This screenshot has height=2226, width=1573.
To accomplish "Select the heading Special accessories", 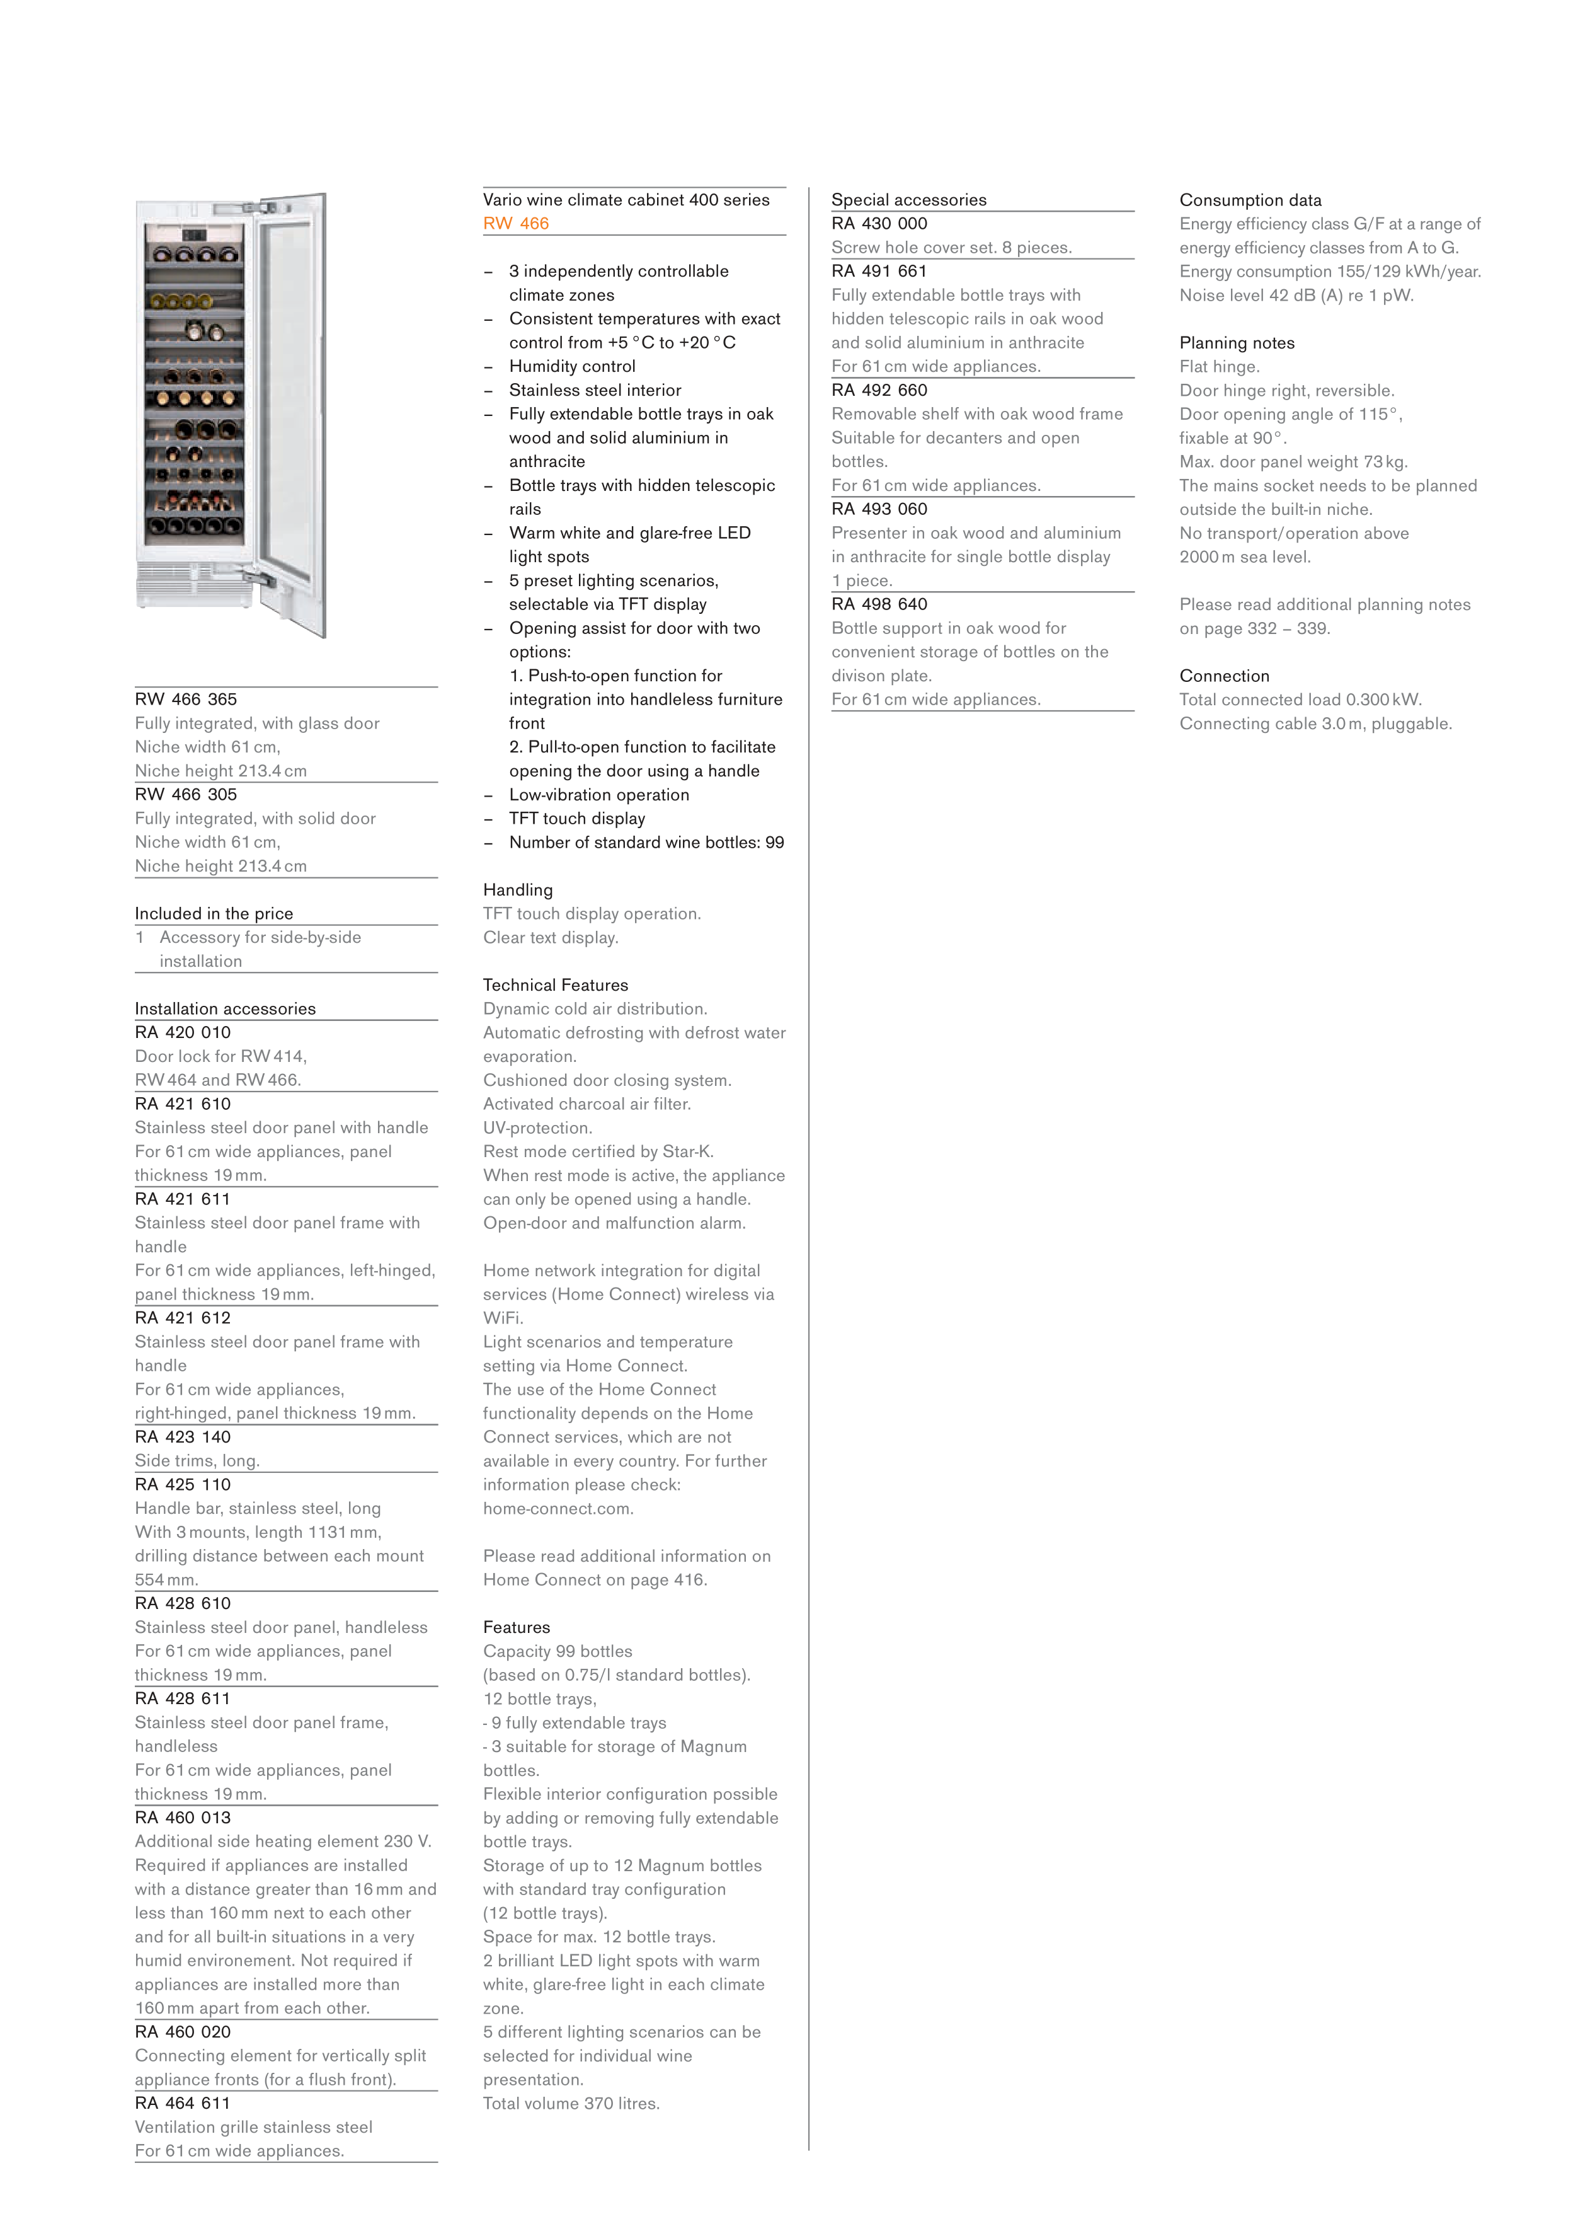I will tap(908, 200).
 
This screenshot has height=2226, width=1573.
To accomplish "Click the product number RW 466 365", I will tap(185, 699).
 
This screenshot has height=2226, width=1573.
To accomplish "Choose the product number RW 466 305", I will tap(185, 794).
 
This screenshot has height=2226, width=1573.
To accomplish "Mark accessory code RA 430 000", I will tap(879, 224).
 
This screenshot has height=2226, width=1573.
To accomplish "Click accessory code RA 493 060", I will tap(879, 509).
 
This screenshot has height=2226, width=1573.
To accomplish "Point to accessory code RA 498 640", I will tap(879, 604).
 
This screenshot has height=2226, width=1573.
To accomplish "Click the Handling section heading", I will tap(518, 890).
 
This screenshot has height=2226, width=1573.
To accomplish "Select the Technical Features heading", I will tap(556, 985).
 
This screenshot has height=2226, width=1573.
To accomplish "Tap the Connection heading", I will tap(1223, 676).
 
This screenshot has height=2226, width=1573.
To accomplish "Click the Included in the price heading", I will tap(213, 913).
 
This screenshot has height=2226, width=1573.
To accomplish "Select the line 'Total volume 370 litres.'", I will tap(571, 2103).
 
